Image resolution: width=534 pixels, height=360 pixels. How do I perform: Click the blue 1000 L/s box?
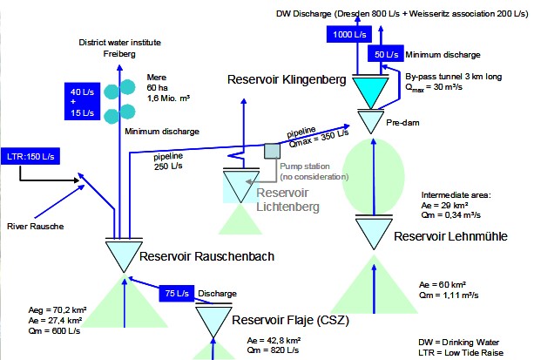(349, 35)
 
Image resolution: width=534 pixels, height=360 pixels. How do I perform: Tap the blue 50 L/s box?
(386, 54)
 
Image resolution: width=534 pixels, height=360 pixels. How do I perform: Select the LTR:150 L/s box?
(30, 157)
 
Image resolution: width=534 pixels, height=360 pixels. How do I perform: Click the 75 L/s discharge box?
(177, 293)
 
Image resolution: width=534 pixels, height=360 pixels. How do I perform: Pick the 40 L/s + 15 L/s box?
(83, 102)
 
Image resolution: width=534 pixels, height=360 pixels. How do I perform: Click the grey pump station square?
(272, 151)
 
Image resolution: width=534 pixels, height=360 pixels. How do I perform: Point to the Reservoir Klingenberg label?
(287, 79)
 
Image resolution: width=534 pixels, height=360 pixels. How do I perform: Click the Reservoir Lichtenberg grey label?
(287, 200)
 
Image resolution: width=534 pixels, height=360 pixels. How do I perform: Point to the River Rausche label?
(36, 227)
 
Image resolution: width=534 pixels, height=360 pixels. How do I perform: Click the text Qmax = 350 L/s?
(319, 139)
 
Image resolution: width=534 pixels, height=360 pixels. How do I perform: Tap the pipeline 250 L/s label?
(168, 161)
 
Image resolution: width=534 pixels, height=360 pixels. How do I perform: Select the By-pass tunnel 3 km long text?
(453, 77)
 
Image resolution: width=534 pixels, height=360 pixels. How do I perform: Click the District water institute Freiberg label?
(119, 48)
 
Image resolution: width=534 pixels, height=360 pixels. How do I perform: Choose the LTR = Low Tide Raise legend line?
(461, 353)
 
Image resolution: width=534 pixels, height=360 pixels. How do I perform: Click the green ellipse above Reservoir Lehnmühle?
(373, 177)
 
